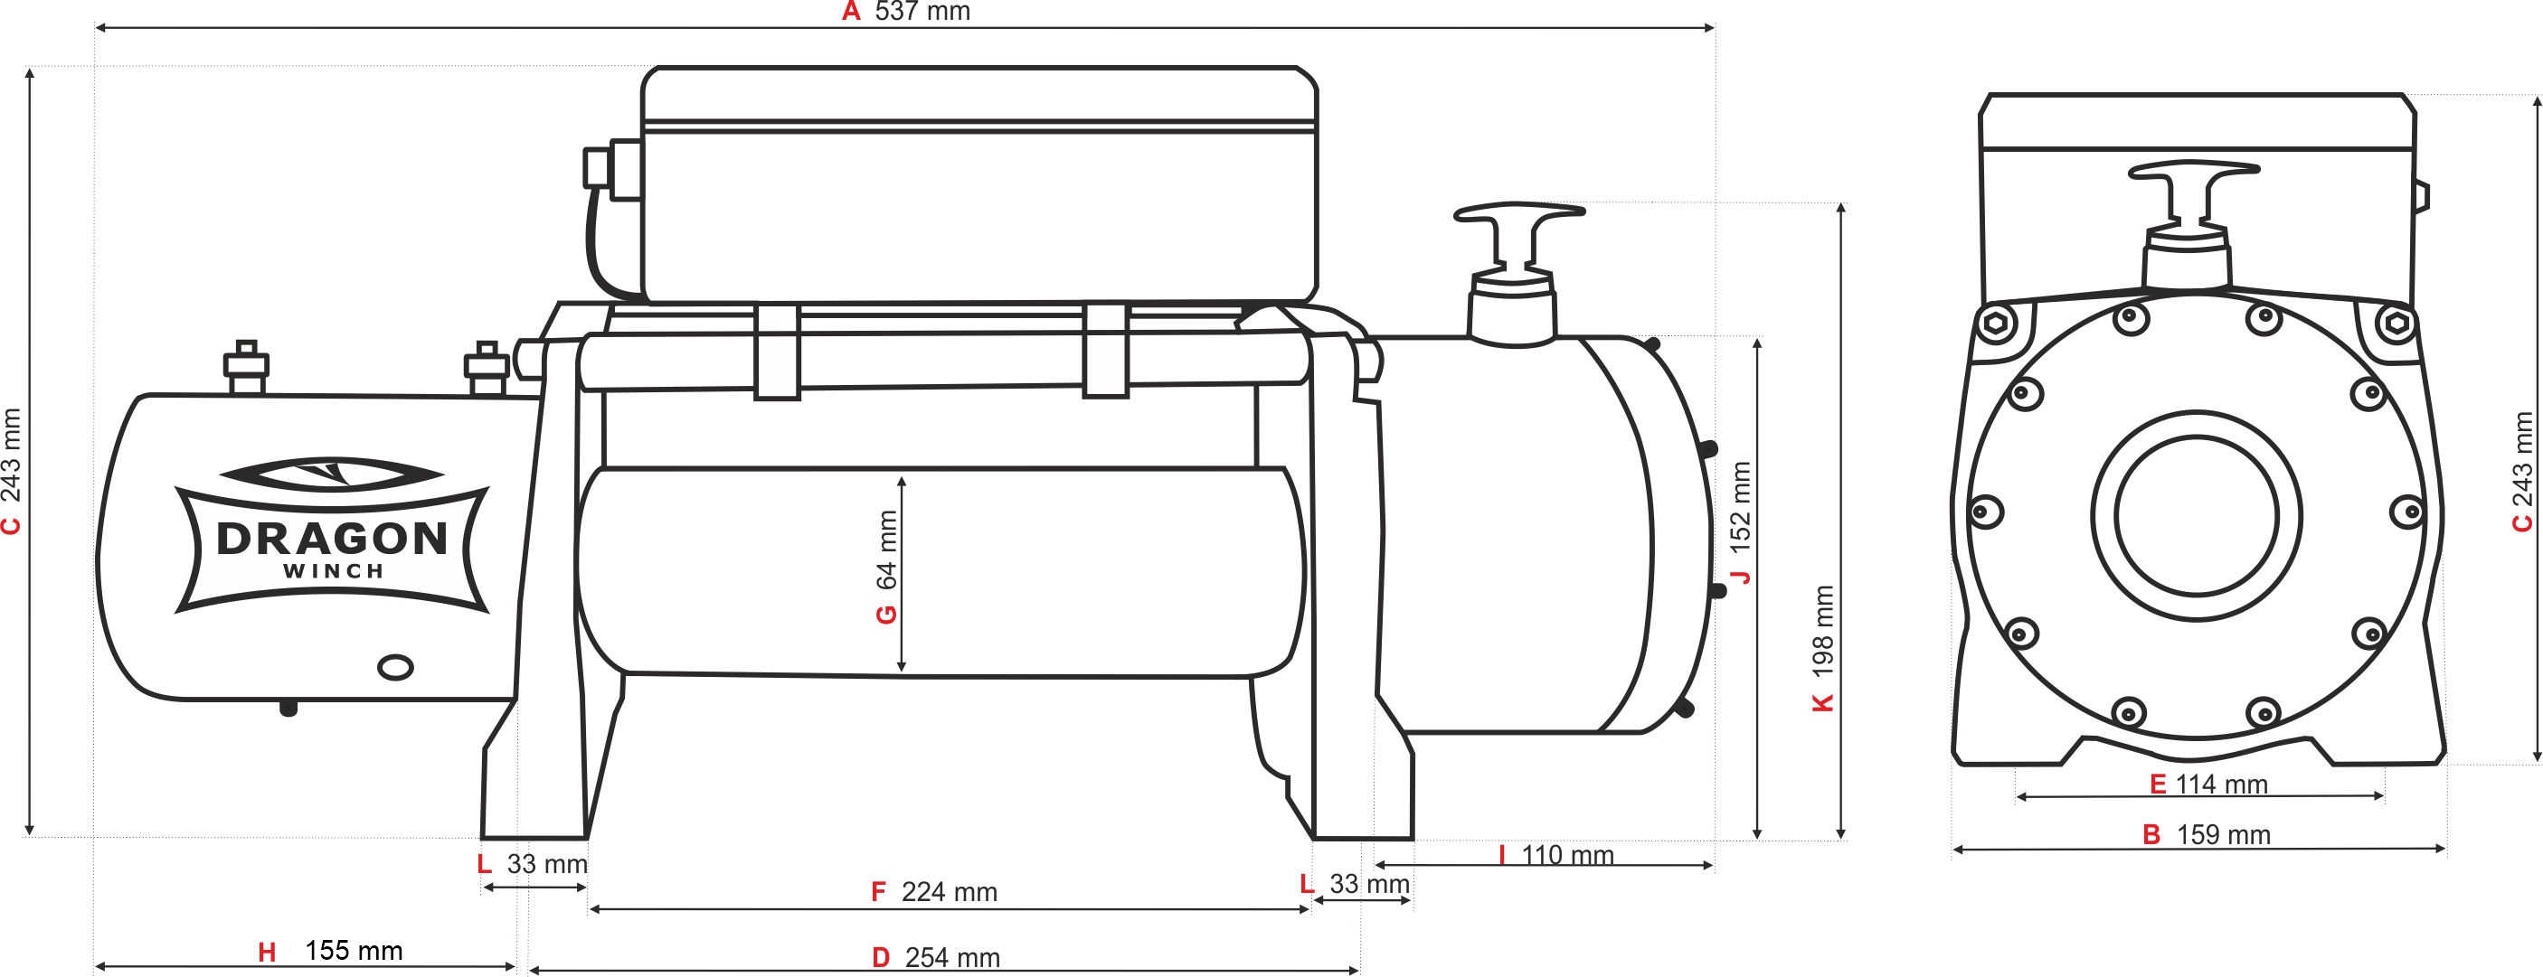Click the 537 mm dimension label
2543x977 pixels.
tap(922, 12)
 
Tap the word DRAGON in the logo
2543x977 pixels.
tap(332, 539)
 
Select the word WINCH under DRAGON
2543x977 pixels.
tap(333, 571)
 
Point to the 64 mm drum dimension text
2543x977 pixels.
tap(887, 550)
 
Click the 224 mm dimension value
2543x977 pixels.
tap(949, 892)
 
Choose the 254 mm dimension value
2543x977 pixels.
tap(952, 957)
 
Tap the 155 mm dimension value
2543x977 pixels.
tap(354, 951)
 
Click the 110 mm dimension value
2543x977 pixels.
tap(1567, 855)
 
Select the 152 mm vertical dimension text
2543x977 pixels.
tap(1741, 506)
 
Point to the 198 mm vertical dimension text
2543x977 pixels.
tap(1823, 632)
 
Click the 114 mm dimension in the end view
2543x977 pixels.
tap(2221, 784)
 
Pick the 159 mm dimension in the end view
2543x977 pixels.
tap(2223, 835)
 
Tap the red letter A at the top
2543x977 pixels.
tap(851, 12)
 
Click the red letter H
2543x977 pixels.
tap(267, 953)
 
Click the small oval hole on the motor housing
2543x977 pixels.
tap(396, 668)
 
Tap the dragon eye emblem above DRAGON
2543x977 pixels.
tap(331, 474)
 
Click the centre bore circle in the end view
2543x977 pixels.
tap(2197, 516)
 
